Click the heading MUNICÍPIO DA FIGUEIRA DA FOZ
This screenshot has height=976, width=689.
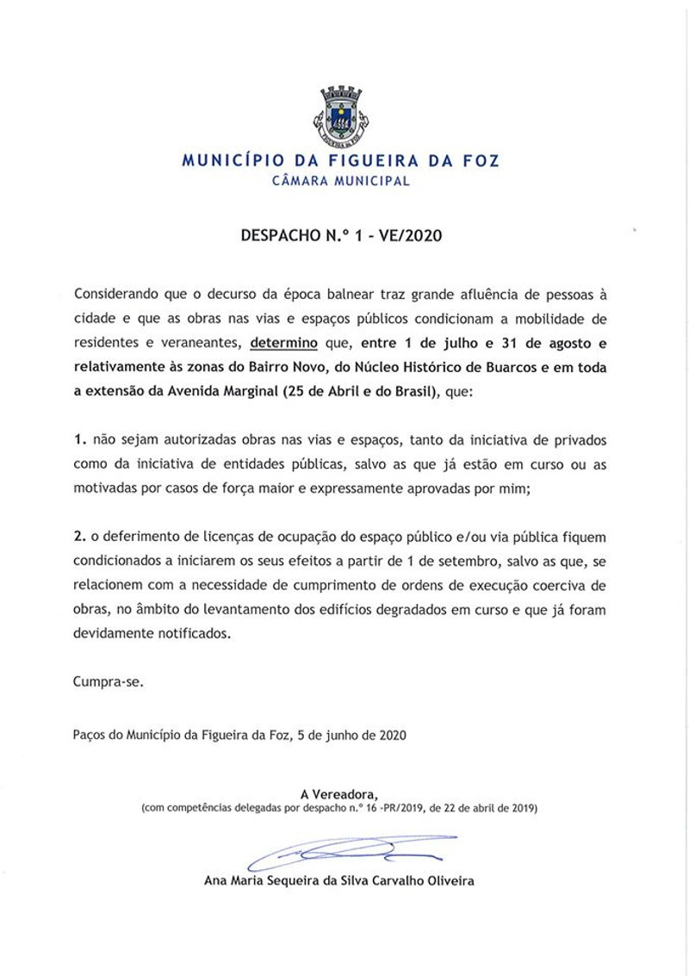pos(340,160)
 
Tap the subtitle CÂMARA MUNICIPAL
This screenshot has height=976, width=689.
pos(340,181)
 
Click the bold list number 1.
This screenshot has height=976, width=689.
pos(78,440)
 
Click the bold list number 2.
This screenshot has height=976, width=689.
pos(78,538)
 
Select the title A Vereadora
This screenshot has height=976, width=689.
pos(339,793)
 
